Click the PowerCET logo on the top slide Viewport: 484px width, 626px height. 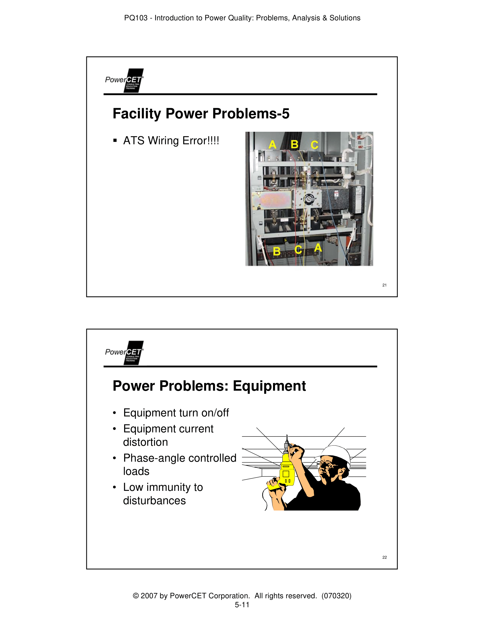coord(124,80)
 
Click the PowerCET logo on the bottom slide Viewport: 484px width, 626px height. coord(124,353)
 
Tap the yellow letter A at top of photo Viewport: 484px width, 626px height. coord(272,145)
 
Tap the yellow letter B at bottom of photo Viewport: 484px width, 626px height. coord(276,251)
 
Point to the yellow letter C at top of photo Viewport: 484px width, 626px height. coord(315,145)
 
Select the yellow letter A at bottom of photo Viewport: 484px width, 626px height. coord(318,248)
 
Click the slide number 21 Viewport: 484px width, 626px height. coord(384,285)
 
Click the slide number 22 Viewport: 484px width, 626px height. coord(384,557)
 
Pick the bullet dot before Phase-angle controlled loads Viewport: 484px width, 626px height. coord(114,458)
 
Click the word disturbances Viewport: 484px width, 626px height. coord(154,501)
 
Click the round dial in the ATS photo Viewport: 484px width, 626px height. coord(309,198)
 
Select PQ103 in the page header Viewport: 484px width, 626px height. coord(136,18)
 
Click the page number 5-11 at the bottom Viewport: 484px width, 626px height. coord(242,605)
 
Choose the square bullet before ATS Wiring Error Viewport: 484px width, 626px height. coord(115,141)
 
